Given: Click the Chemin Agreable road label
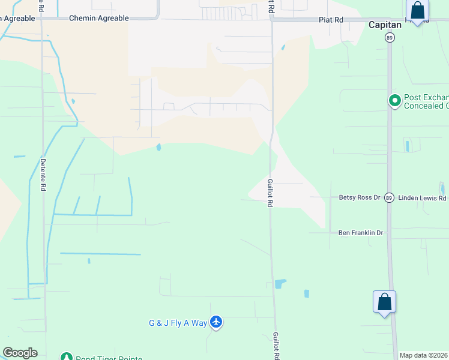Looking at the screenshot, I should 98,19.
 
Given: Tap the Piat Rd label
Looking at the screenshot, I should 331,20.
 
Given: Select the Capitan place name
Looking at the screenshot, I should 384,25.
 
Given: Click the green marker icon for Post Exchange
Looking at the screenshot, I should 395,101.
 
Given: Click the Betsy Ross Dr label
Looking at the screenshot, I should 360,197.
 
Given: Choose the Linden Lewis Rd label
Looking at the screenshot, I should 423,198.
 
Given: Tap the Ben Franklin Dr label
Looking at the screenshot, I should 360,233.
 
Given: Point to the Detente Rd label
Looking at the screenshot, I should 43,175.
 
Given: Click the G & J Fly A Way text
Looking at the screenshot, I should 178,323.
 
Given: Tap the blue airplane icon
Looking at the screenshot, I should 217,323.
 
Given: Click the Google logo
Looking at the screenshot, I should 20,353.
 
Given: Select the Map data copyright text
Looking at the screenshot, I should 424,355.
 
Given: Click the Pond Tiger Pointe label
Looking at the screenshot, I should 109,358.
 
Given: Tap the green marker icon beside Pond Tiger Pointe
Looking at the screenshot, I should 66,358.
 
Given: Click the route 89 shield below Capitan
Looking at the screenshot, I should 389,37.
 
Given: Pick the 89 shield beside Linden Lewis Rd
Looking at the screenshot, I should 389,197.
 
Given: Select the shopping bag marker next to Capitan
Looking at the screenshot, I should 417,11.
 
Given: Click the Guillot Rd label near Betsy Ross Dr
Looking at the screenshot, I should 270,193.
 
